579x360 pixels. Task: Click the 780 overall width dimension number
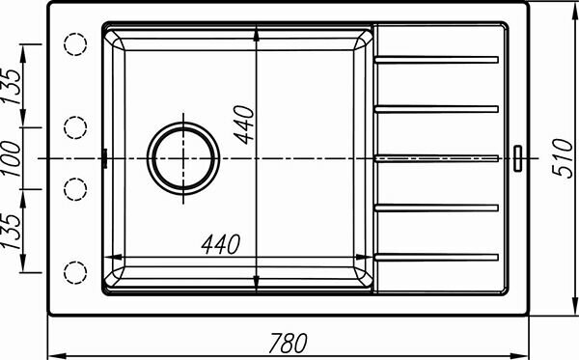click(288, 343)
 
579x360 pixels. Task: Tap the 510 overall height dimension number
click(562, 158)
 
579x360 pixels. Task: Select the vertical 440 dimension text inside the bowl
click(245, 125)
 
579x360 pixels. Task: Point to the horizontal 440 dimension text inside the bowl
click(221, 244)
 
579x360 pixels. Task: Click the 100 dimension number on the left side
click(11, 158)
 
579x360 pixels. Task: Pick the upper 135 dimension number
click(11, 86)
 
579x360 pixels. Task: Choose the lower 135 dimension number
click(11, 231)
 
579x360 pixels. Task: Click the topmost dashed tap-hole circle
click(75, 44)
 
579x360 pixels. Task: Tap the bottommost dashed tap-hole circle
click(75, 272)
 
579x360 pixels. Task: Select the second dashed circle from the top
click(75, 127)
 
